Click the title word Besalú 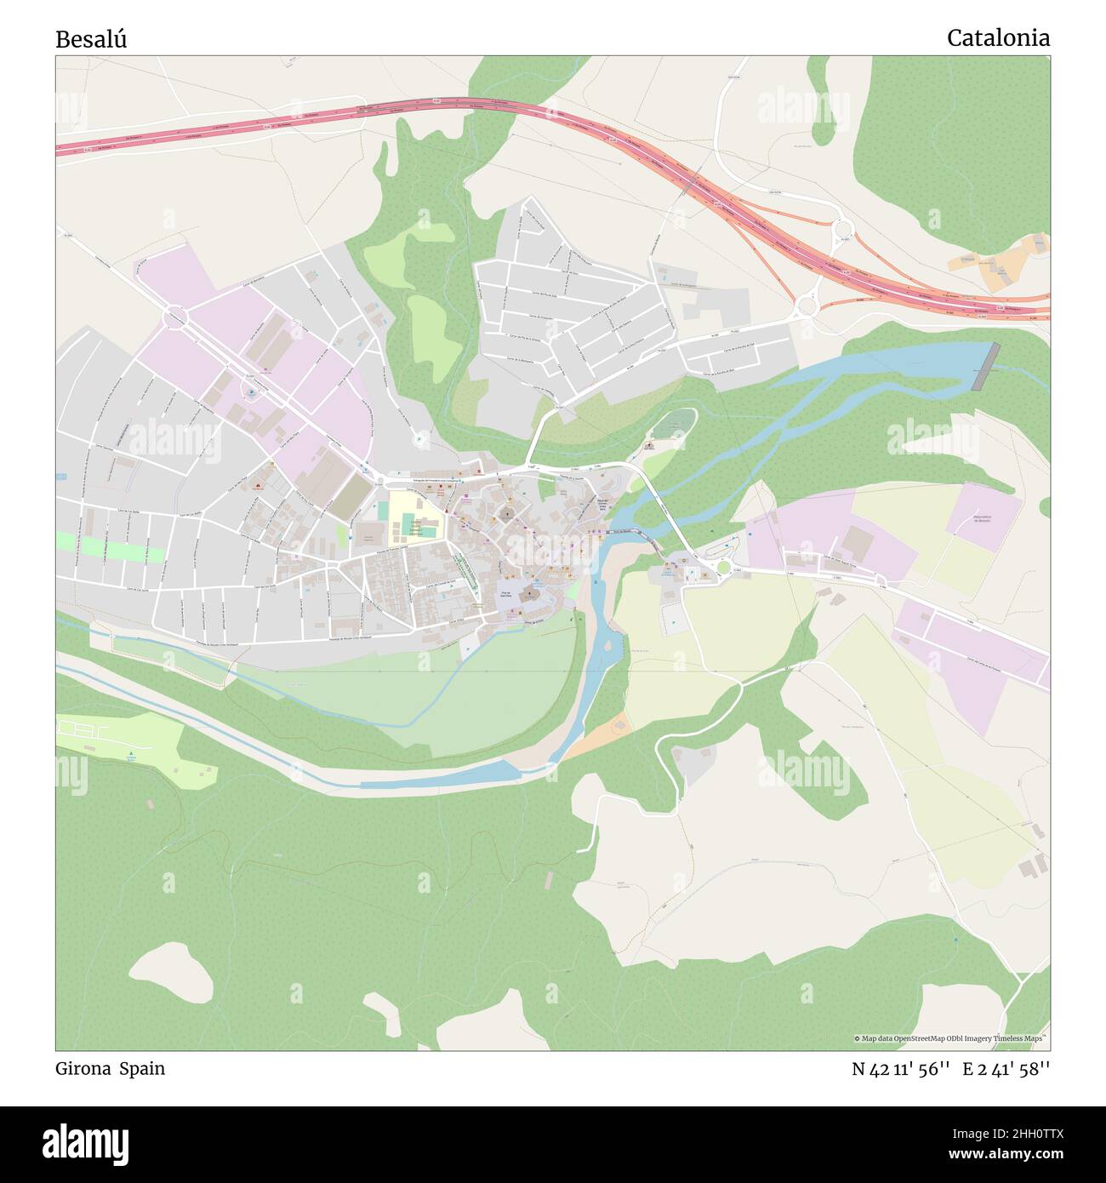click(91, 39)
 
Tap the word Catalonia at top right click(997, 37)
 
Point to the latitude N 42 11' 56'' click(900, 1069)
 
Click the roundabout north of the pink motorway click(843, 228)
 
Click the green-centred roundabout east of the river click(724, 568)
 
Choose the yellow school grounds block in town click(414, 517)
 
